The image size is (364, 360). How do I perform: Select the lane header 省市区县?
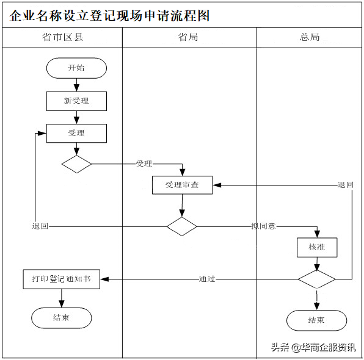pos(62,37)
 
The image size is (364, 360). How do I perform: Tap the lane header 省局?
pos(188,37)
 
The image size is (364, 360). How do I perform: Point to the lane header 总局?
pos(310,37)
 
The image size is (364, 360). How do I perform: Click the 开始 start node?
pos(76,68)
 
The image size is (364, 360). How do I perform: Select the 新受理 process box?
pos(76,101)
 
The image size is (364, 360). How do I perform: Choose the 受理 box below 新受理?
pos(76,133)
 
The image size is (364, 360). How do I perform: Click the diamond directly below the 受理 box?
pos(76,164)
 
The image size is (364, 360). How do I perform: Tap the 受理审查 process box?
pos(182,185)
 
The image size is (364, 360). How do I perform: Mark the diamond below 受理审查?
pos(182,226)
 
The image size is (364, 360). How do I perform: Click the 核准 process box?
pos(317,248)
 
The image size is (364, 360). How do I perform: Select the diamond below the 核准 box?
pos(317,279)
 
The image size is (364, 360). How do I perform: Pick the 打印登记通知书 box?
pos(62,279)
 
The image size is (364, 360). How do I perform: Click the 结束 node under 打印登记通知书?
pos(62,318)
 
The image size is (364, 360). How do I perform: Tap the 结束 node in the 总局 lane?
pos(317,320)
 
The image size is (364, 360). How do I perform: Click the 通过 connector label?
pos(207,279)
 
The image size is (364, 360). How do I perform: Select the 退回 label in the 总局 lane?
pos(346,185)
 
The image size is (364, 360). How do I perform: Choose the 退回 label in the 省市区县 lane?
pos(40,226)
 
